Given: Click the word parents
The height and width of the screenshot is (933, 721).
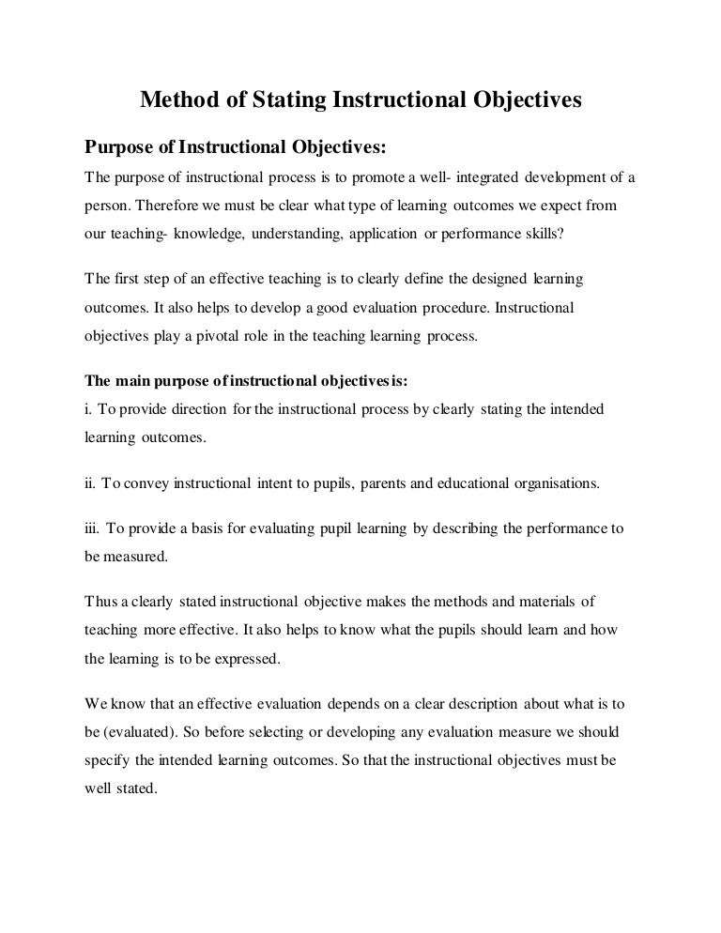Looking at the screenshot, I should coord(387,484).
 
